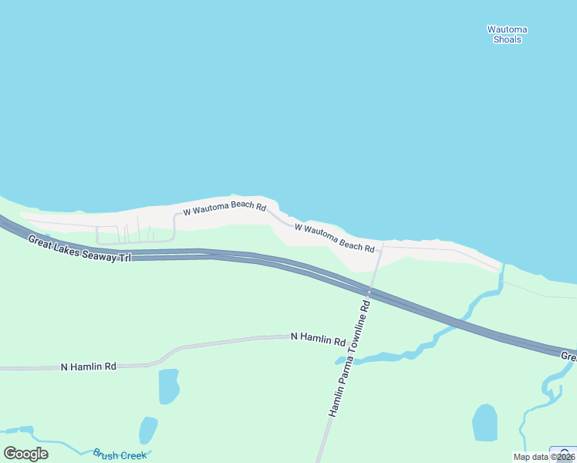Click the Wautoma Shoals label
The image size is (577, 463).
tap(507, 34)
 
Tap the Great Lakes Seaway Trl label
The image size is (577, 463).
tap(79, 249)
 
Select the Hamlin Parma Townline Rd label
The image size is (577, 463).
tap(349, 359)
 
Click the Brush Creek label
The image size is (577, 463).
tap(120, 455)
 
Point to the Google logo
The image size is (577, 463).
tap(25, 453)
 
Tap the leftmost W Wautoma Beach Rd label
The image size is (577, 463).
tap(224, 208)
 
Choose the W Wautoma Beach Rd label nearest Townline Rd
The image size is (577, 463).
tap(334, 238)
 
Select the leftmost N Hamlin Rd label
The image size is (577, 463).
tap(88, 367)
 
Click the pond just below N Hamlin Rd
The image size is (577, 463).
tap(168, 386)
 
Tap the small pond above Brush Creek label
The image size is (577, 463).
tap(147, 430)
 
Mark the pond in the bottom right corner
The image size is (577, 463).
tap(484, 422)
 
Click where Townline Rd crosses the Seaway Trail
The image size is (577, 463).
tap(370, 292)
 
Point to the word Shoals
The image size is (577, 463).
tap(507, 39)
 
